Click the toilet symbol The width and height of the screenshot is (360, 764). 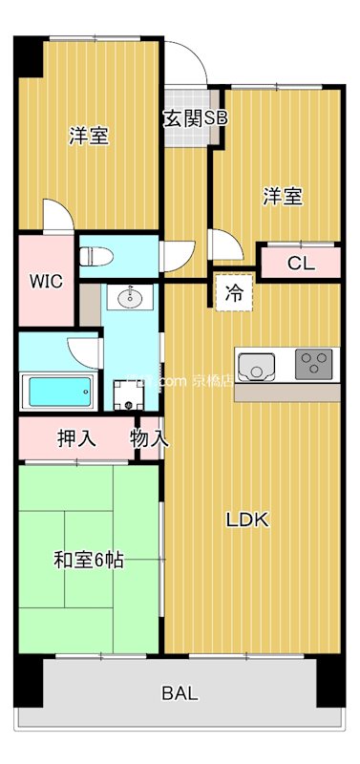point(96,255)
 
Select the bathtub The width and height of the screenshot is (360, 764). point(58,391)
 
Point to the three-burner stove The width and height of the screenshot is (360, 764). point(315,363)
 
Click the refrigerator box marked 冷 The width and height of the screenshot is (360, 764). point(233,294)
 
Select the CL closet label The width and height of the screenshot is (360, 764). point(300,264)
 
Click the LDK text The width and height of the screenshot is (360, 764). point(247,520)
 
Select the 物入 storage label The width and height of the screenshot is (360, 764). point(150,440)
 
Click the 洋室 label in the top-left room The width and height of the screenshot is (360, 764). point(88,137)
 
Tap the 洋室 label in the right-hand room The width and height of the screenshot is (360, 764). point(283,197)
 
